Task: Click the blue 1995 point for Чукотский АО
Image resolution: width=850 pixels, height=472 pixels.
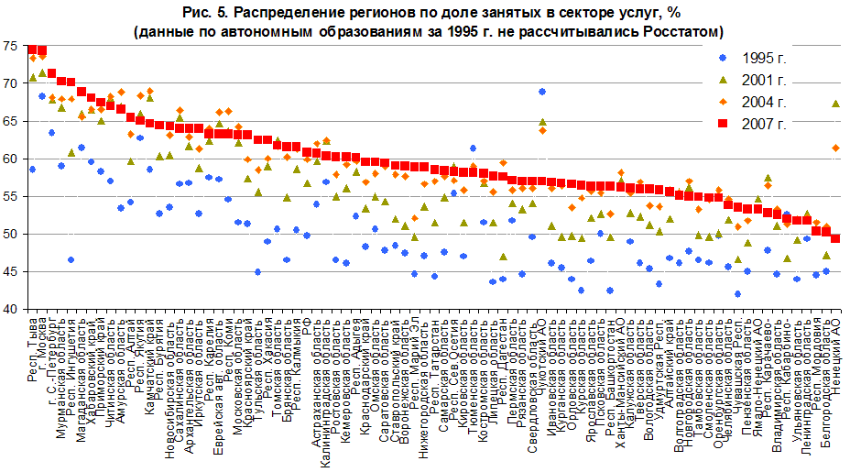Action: click(x=542, y=92)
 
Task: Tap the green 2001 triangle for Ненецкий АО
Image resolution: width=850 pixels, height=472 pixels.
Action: click(x=835, y=104)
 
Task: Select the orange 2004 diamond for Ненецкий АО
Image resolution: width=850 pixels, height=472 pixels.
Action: click(x=835, y=148)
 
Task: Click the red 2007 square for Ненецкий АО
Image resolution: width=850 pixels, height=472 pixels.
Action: click(x=835, y=239)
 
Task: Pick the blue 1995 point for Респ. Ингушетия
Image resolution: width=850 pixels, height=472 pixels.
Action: click(x=71, y=260)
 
